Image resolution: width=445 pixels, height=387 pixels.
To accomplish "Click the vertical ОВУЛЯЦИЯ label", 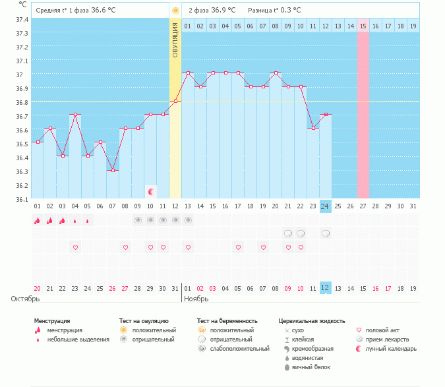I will pyautogui.click(x=175, y=40).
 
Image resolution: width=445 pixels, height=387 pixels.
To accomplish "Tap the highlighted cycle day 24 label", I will pyautogui.click(x=326, y=206).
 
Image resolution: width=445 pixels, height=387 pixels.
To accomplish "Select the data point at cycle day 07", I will pyautogui.click(x=113, y=171).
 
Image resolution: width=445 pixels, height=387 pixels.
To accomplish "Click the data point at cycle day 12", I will pyautogui.click(x=175, y=101).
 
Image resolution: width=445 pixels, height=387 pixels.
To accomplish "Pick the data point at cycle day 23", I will pyautogui.click(x=313, y=129).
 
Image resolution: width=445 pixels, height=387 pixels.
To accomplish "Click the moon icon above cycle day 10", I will pyautogui.click(x=151, y=192).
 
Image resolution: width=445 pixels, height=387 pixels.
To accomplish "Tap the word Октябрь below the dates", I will pyautogui.click(x=26, y=299).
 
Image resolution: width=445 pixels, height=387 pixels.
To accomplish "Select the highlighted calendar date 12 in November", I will pyautogui.click(x=326, y=288).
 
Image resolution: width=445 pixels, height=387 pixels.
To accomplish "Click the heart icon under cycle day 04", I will pyautogui.click(x=75, y=247).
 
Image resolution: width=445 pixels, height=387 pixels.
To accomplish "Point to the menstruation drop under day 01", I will pyautogui.click(x=37, y=220).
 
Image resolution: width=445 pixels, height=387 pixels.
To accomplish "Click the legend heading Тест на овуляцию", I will pyautogui.click(x=144, y=321).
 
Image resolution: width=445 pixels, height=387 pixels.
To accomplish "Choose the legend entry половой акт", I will pyautogui.click(x=382, y=330).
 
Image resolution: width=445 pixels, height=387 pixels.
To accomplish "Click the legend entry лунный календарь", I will pyautogui.click(x=391, y=349).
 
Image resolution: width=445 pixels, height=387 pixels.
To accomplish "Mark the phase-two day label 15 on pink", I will pyautogui.click(x=363, y=26).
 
